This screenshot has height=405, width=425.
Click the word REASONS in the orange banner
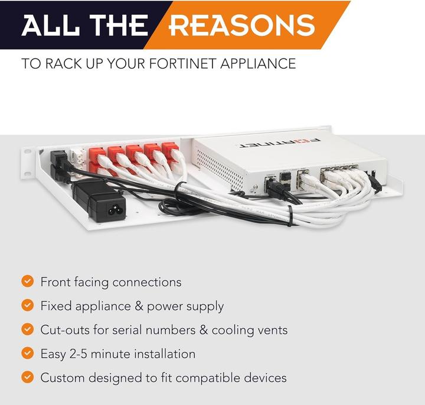[x=243, y=25]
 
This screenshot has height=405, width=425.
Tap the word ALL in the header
[x=50, y=25]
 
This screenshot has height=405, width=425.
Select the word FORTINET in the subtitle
[x=183, y=64]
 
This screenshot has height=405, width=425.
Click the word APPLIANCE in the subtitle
[x=258, y=64]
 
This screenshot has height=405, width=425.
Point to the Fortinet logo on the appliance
[x=278, y=143]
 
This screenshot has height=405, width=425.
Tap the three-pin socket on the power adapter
[x=113, y=209]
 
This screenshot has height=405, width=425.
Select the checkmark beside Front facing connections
[x=27, y=281]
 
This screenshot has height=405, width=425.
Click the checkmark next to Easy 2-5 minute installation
[x=27, y=354]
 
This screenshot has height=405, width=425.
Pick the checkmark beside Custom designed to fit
[x=27, y=377]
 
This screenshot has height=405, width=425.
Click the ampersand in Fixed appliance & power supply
[x=139, y=306]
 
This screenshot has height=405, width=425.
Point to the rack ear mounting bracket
[x=28, y=163]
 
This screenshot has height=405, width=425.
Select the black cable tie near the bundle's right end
[x=290, y=216]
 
